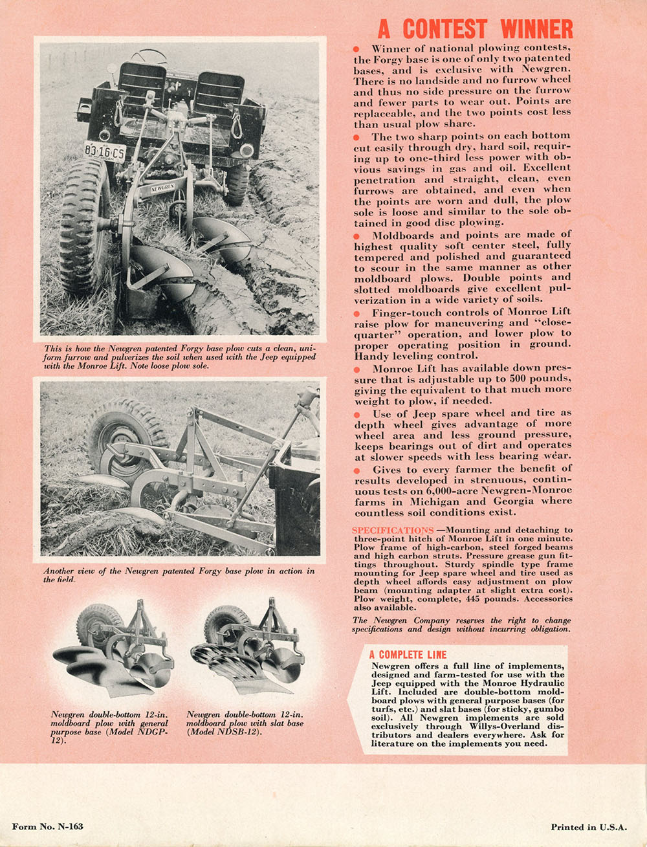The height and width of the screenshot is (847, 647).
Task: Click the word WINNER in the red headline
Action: coord(536,29)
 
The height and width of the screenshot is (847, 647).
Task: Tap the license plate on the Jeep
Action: coord(104,151)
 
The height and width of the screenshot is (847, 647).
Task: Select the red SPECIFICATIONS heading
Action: coord(393,531)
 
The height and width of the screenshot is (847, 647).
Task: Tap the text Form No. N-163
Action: coord(47,826)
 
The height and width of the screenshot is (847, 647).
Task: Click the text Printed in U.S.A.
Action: coord(589,827)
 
